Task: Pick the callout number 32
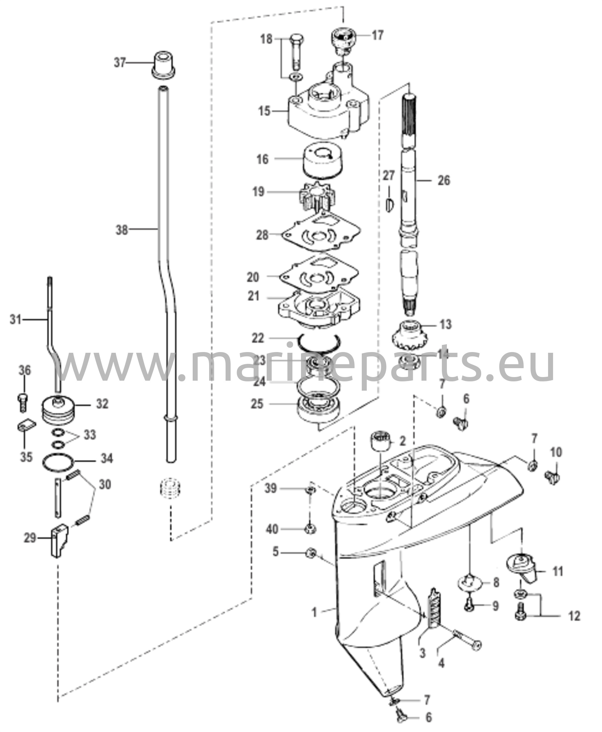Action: point(102,404)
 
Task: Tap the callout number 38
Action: point(122,230)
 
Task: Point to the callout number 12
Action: point(574,616)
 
